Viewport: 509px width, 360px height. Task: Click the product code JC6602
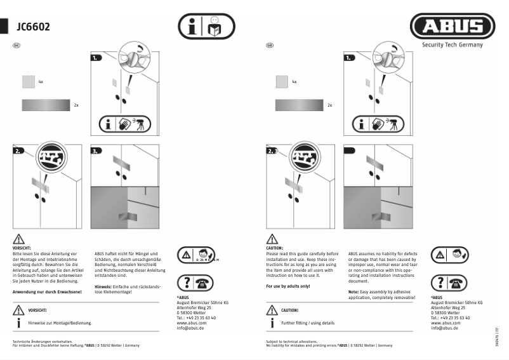(34, 27)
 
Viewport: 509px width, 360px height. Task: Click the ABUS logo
(453, 27)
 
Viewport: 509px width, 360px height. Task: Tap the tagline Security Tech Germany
(453, 44)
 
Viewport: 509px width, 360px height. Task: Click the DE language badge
(16, 45)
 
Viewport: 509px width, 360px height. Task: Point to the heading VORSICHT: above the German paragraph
(22, 248)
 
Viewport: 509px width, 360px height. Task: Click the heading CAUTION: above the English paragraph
(275, 248)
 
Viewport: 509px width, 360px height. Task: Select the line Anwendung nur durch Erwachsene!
(47, 291)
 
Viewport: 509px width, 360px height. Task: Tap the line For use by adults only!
(288, 286)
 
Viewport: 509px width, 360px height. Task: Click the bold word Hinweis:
(103, 286)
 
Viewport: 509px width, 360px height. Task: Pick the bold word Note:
(354, 292)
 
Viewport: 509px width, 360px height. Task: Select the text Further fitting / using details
(308, 323)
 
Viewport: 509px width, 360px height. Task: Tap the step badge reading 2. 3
(274, 152)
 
